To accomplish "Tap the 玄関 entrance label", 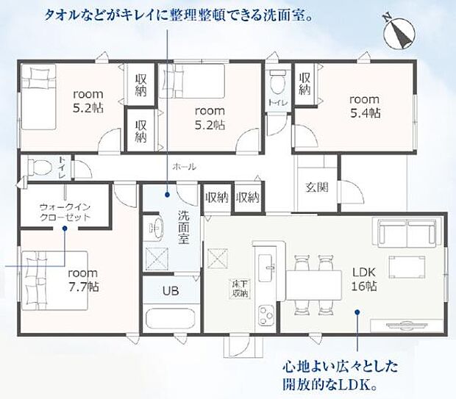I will [x=317, y=187].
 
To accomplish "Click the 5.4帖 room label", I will [x=364, y=106].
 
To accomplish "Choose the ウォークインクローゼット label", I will [x=65, y=212].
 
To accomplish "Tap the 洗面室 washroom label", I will [x=184, y=227].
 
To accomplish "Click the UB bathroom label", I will [x=170, y=290].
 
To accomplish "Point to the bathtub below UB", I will [x=170, y=320].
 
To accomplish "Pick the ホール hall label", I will [x=184, y=167].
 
